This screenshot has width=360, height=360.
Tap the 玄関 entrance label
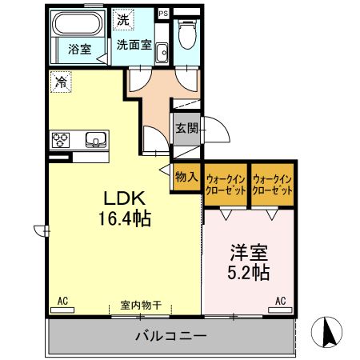click(187, 127)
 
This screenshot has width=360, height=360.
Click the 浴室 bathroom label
click(78, 49)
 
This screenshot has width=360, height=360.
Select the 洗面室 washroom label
click(134, 45)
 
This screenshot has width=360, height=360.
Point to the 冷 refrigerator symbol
click(61, 81)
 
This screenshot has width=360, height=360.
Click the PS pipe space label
click(163, 13)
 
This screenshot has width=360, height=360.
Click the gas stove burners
click(61, 141)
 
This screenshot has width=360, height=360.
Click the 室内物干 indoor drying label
click(142, 305)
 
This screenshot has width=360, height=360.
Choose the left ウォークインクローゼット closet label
click(226, 186)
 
